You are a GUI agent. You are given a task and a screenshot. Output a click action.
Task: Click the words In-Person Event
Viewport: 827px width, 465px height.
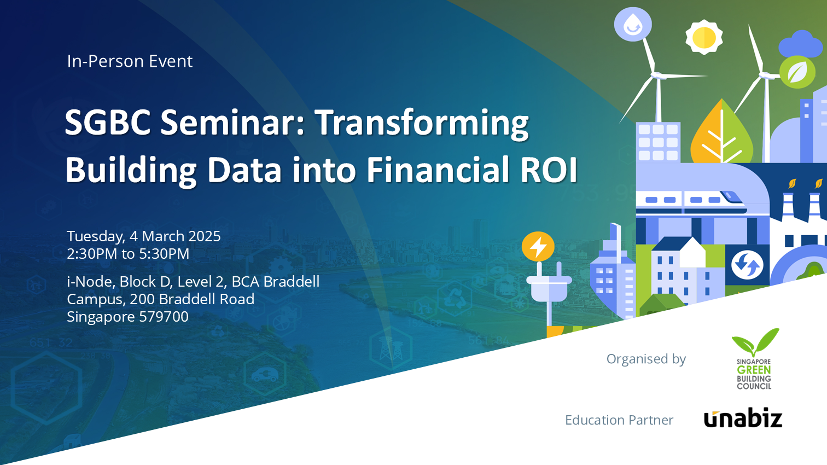(130, 61)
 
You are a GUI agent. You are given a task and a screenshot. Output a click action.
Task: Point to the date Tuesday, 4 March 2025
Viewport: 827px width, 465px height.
(144, 236)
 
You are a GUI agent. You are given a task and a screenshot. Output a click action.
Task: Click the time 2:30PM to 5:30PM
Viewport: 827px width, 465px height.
(128, 254)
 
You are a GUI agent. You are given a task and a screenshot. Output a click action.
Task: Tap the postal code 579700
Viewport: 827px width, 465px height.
(164, 317)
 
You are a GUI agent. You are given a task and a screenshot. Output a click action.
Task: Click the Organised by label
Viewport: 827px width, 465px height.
(646, 359)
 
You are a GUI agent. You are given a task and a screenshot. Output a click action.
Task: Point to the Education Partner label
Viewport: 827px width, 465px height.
(619, 420)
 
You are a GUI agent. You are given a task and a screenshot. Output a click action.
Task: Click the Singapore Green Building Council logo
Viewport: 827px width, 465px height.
(755, 359)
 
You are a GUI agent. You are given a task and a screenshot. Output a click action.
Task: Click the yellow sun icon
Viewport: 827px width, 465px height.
(704, 37)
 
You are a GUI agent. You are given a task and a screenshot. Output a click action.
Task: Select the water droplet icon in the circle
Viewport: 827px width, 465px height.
(633, 25)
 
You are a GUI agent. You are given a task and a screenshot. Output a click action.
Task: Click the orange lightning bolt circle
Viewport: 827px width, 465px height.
(538, 246)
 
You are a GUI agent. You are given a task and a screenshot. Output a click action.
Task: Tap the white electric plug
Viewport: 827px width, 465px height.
(549, 288)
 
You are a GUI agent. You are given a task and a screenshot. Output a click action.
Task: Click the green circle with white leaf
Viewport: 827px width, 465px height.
(797, 72)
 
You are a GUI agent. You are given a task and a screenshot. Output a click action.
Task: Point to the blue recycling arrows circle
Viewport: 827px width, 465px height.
(747, 265)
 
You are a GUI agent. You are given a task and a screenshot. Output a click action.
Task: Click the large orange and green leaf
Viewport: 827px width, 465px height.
(722, 132)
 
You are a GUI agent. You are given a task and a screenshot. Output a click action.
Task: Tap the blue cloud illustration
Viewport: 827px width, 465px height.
(802, 45)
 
